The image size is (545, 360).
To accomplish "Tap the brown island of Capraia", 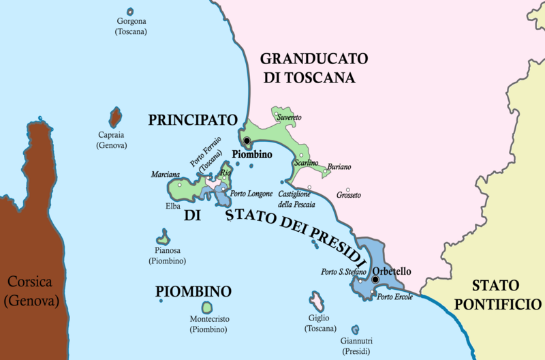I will [x=115, y=117].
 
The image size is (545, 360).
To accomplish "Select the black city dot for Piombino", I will [x=247, y=142].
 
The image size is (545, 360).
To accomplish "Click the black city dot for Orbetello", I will [x=375, y=280].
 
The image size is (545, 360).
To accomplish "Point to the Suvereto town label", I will [x=288, y=118].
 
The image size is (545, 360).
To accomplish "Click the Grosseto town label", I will [x=348, y=196].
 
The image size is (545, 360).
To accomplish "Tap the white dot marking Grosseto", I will [x=348, y=189].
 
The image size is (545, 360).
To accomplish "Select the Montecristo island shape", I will [x=208, y=308].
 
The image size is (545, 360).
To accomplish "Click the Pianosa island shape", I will [x=163, y=239].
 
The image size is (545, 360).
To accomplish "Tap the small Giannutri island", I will [x=355, y=329].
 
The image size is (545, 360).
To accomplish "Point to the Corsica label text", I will [x=30, y=290].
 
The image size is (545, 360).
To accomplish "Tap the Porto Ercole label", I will [x=395, y=297].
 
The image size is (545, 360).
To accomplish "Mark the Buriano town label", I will [x=339, y=167].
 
